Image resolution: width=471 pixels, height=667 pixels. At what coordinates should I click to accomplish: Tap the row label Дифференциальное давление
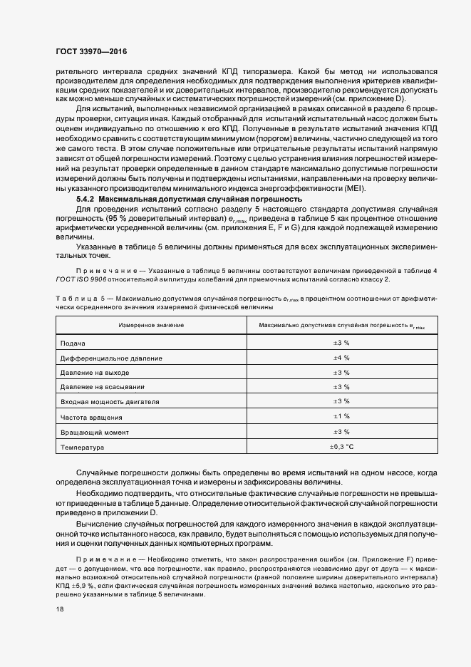coord(111,358)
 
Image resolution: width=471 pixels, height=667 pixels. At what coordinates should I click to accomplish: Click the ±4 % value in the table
coord(341,358)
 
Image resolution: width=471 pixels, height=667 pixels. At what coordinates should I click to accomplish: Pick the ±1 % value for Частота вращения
coord(341,417)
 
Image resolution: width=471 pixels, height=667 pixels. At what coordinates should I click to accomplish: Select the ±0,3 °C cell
coord(341,447)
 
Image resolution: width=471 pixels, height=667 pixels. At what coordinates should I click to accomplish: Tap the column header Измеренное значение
coord(151,325)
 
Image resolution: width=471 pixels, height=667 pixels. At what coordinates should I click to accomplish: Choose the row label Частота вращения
coord(91,418)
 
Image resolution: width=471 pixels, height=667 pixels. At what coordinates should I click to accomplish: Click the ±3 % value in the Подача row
coord(341,343)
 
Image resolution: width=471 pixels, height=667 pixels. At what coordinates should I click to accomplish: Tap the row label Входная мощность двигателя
coord(109,403)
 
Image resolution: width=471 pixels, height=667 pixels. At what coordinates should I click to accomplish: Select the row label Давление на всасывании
coord(103,388)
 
